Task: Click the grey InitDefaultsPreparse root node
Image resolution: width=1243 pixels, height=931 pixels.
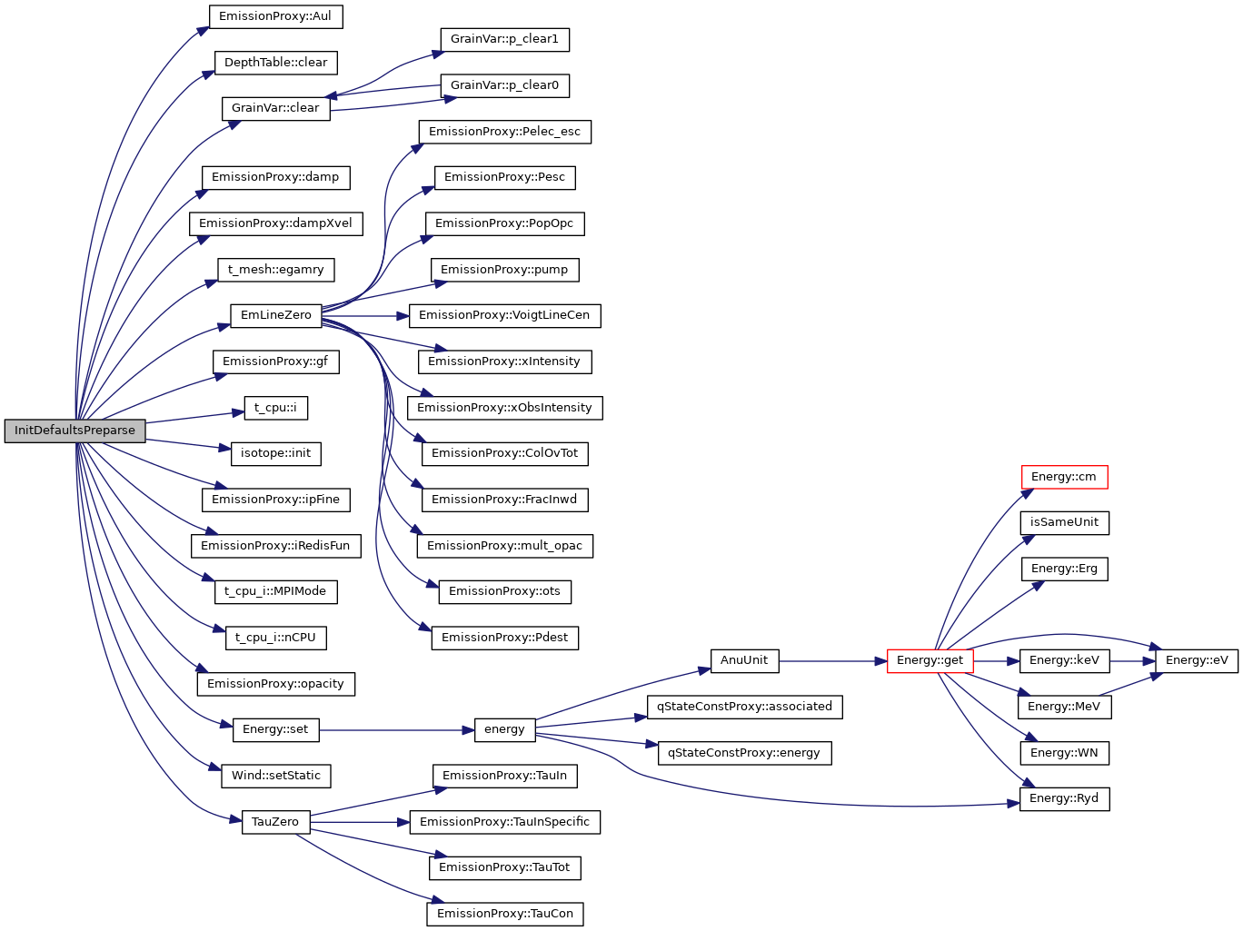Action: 75,431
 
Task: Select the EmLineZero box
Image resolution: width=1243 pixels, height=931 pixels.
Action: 275,315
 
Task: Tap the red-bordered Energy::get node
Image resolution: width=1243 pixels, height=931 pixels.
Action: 930,661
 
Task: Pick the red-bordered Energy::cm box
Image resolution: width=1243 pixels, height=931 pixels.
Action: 1064,477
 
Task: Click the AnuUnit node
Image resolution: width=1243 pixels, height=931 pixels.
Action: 744,661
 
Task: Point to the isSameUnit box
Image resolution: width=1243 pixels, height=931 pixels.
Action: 1064,523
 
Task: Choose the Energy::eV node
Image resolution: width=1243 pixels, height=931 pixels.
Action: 1196,661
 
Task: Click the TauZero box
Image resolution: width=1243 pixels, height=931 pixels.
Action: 275,822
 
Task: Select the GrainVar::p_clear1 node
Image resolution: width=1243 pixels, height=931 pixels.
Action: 504,40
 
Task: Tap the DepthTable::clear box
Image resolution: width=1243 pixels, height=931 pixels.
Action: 275,63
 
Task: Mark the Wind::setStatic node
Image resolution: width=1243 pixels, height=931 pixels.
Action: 275,776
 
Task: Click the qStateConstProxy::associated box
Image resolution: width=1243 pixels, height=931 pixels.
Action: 744,707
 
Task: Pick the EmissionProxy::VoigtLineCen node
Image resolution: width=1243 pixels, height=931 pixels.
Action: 504,316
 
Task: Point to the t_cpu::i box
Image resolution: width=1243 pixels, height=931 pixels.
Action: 275,408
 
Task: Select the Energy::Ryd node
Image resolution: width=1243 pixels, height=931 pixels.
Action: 1064,799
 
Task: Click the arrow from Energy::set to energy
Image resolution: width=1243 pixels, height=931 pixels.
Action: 396,730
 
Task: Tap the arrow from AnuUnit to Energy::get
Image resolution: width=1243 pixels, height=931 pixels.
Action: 832,661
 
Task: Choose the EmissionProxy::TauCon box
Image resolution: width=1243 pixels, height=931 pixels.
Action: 504,914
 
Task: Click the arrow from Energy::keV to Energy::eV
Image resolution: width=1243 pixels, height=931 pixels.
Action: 1132,661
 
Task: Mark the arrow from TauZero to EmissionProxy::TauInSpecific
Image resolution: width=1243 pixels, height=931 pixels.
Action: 360,822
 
